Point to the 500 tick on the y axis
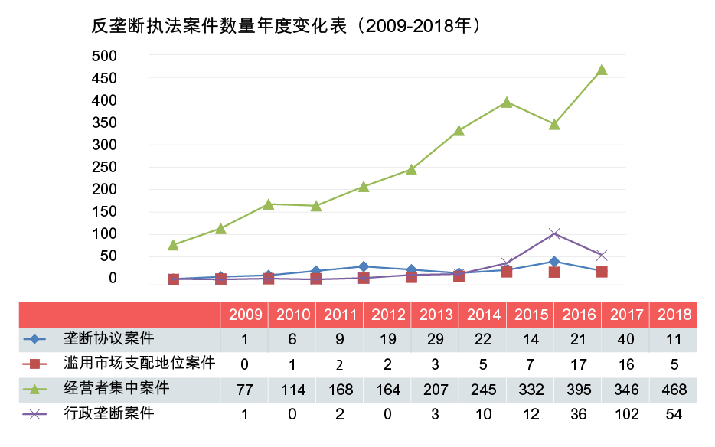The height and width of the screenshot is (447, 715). click(103, 56)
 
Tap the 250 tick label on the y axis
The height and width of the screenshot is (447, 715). click(103, 167)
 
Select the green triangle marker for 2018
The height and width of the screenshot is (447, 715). click(602, 70)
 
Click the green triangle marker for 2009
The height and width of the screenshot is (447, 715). click(173, 245)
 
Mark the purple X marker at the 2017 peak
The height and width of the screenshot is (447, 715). click(554, 233)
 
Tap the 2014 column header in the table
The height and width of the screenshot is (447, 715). click(483, 315)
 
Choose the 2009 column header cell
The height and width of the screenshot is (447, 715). click(245, 315)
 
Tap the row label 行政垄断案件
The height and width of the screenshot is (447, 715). click(109, 414)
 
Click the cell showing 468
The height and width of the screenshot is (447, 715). click(673, 390)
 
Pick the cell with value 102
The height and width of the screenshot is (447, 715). click(625, 416)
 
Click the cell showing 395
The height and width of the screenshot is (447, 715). click(578, 390)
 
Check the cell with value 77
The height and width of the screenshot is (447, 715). click(245, 390)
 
